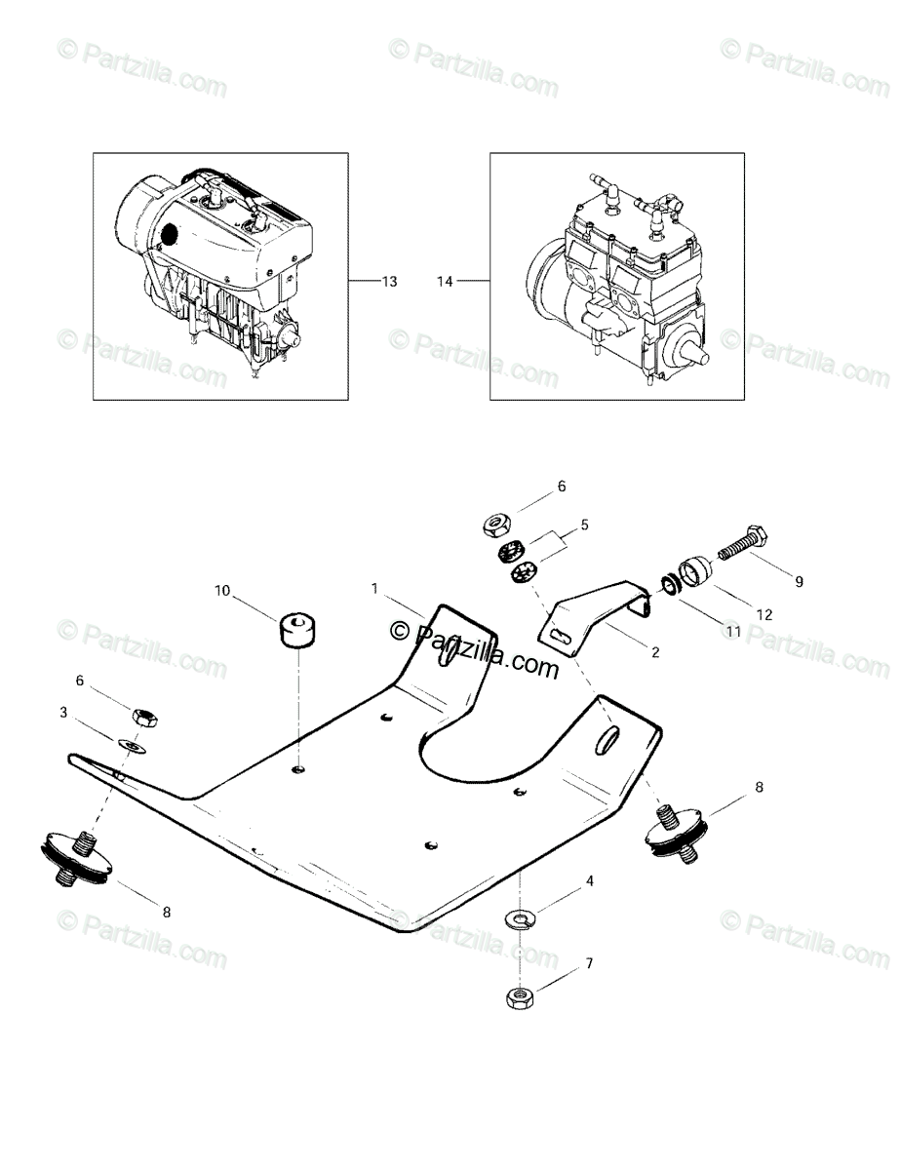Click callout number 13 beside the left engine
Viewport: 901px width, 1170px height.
[389, 282]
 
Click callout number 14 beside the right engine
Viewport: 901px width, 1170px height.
[446, 282]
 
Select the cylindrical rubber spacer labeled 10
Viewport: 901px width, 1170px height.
[298, 629]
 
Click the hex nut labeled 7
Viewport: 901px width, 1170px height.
[519, 997]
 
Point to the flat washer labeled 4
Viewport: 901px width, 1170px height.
[519, 917]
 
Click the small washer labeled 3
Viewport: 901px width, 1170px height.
[133, 747]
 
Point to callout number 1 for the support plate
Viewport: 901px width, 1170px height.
[373, 589]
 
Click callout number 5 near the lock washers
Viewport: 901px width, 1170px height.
[584, 525]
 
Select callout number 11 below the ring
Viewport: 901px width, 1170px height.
[732, 632]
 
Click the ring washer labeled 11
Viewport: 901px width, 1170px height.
[669, 585]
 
